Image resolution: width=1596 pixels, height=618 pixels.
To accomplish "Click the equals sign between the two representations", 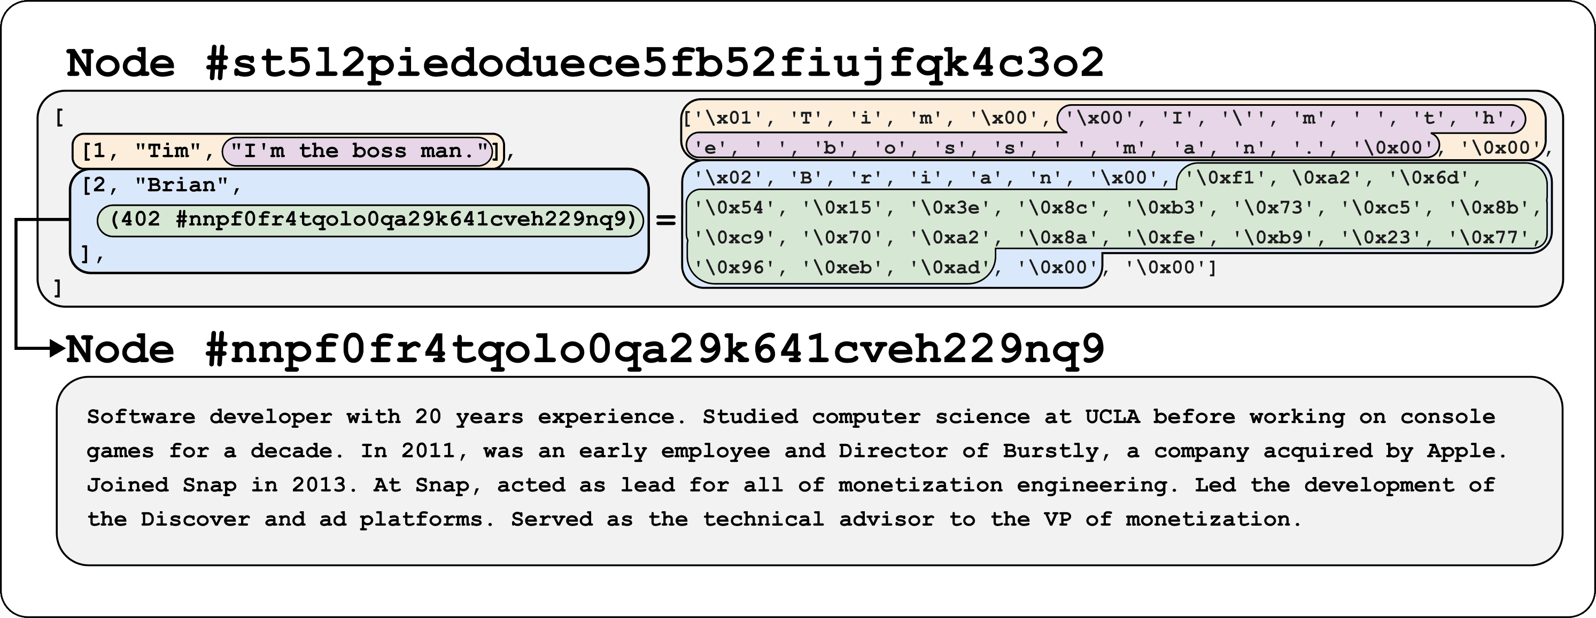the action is pos(665,220).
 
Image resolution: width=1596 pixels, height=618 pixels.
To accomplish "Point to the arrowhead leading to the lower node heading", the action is pos(58,348).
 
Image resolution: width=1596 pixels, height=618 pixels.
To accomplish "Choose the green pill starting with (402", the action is pos(370,220).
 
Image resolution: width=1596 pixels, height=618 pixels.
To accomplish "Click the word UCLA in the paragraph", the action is pos(1112,417).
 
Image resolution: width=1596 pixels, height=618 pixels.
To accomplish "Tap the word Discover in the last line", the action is pos(195,520).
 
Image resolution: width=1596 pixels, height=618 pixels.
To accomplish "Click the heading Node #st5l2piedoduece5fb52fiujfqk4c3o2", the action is pos(585,64).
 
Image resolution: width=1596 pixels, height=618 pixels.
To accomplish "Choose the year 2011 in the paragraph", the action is pos(428,451).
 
